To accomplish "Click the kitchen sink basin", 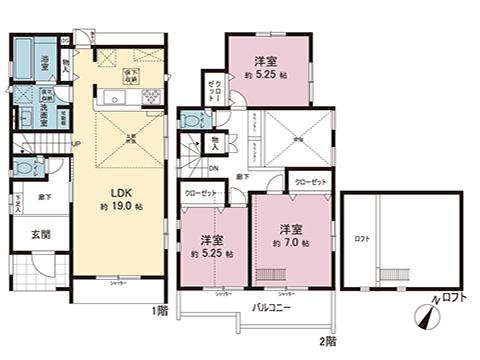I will click(112, 97).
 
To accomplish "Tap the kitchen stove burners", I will click(151, 97).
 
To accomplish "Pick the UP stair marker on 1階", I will click(76, 143).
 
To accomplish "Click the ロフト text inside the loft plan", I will click(359, 240).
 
